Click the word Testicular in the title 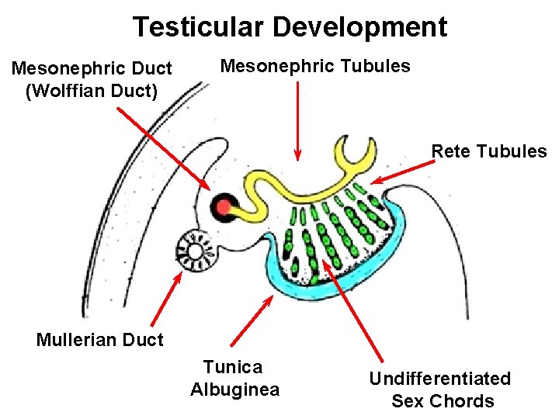click(197, 27)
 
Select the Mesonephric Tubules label click(315, 66)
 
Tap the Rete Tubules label click(489, 151)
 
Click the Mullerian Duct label click(100, 339)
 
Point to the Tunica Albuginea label click(234, 378)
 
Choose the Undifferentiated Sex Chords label click(439, 390)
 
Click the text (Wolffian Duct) click(92, 92)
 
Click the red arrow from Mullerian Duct click(165, 298)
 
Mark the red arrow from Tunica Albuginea click(252, 319)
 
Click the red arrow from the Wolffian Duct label click(162, 148)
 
